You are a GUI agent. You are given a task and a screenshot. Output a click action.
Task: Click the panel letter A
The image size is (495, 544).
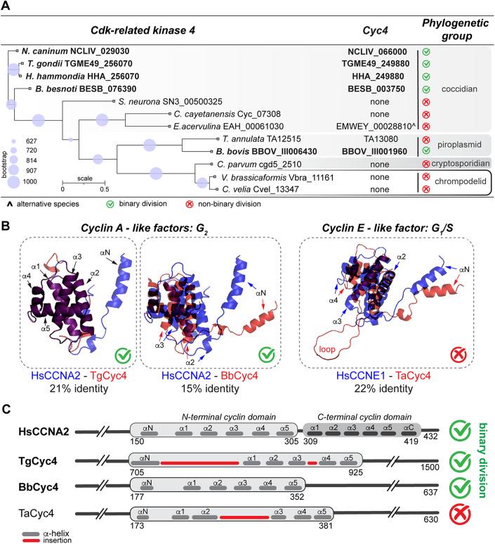tap(8, 6)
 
